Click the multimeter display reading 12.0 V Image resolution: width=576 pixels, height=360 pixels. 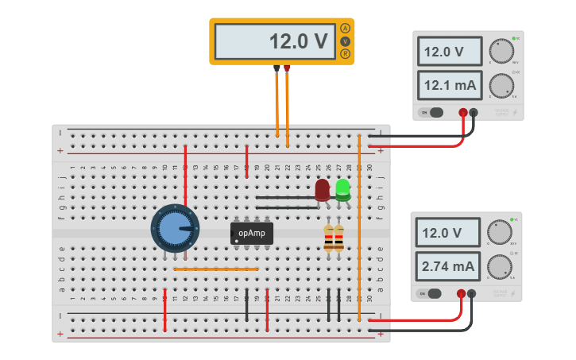(x=273, y=41)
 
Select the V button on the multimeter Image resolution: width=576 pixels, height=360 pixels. (x=345, y=41)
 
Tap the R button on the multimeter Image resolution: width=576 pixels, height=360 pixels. (x=345, y=53)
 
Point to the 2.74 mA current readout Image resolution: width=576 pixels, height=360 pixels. (x=450, y=265)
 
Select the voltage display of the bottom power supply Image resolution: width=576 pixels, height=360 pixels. (x=450, y=233)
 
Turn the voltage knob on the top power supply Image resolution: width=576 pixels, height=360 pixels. (x=501, y=50)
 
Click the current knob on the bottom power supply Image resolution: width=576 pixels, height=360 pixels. (x=500, y=266)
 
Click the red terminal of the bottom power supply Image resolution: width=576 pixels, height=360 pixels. (x=461, y=294)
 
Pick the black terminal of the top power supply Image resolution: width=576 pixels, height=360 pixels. (x=474, y=113)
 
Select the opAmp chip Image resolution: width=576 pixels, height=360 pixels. (x=252, y=233)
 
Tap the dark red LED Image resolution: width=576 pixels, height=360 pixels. (x=322, y=190)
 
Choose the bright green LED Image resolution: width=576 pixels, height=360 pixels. (x=342, y=189)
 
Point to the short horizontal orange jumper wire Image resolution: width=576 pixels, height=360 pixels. (x=216, y=269)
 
